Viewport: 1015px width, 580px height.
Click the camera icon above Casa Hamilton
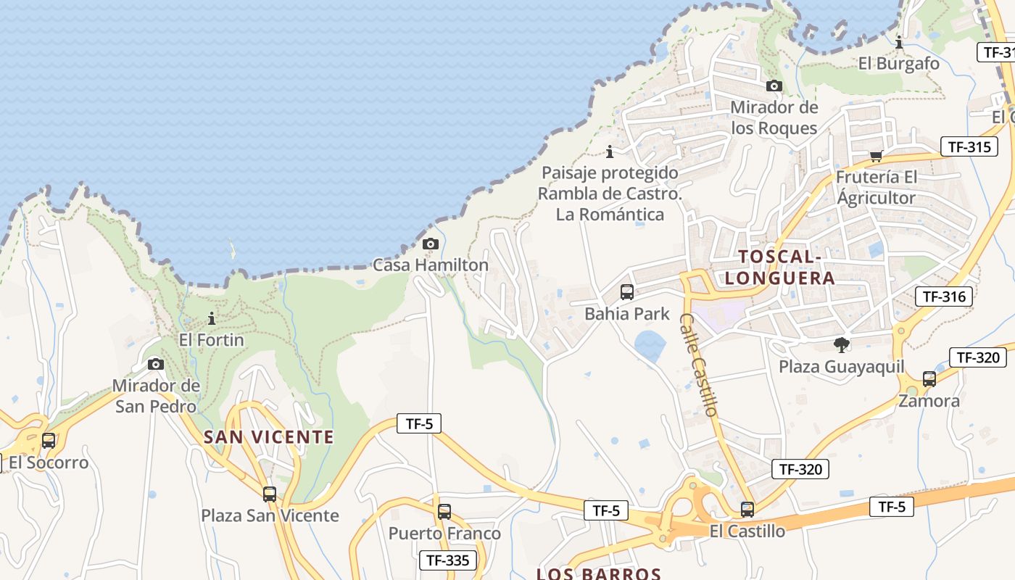click(x=431, y=244)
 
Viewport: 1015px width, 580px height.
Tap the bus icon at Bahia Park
click(x=627, y=292)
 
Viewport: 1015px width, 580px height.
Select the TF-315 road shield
click(x=969, y=146)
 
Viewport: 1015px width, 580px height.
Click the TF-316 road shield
click(x=943, y=296)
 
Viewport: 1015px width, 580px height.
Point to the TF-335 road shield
click(x=448, y=560)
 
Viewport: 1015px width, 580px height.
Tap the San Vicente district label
click(x=269, y=437)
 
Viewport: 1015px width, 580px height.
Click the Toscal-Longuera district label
click(x=779, y=267)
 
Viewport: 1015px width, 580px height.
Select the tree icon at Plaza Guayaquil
click(x=842, y=344)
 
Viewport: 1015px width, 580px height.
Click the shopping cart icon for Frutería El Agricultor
click(x=876, y=156)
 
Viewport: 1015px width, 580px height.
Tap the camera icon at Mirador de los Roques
click(x=774, y=86)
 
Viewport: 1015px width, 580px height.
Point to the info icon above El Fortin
click(x=212, y=318)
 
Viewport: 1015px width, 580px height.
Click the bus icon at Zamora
click(x=929, y=378)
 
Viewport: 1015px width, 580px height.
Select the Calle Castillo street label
click(x=700, y=365)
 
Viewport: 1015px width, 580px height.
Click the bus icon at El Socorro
click(x=49, y=440)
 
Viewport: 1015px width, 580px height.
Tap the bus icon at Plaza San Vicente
click(x=270, y=494)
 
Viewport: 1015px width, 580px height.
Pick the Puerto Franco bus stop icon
click(x=444, y=511)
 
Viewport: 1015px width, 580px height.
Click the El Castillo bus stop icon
click(x=747, y=509)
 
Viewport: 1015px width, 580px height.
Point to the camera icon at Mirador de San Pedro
click(x=156, y=364)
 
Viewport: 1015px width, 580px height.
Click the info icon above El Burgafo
click(x=899, y=42)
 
